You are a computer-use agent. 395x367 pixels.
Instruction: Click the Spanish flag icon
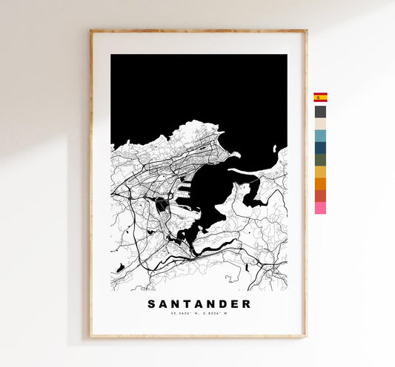[x=320, y=97]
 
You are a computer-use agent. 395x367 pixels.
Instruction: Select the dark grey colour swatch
[x=320, y=112]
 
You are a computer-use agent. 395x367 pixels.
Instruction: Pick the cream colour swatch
[x=320, y=124]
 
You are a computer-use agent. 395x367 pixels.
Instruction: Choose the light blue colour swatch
[x=320, y=136]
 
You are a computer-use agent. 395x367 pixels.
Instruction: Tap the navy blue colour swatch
[x=320, y=148]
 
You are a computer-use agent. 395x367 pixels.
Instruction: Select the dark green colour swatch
[x=320, y=160]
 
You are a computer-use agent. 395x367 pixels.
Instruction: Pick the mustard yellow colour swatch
[x=320, y=172]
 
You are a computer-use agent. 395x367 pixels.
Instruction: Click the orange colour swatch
[x=320, y=183]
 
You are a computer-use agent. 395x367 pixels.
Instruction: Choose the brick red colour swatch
[x=320, y=196]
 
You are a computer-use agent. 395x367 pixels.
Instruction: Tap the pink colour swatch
[x=320, y=208]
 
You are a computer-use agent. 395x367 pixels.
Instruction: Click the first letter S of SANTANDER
[x=152, y=304]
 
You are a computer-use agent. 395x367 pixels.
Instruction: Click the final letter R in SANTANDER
[x=246, y=304]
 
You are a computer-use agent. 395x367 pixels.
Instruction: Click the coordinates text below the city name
[x=199, y=314]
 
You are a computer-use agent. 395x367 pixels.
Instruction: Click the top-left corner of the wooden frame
[x=91, y=31]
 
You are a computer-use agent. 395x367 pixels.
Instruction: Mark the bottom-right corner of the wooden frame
[x=305, y=337]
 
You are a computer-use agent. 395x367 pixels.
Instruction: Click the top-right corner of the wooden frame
[x=305, y=31]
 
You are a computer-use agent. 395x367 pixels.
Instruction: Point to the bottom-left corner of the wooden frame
[x=91, y=337]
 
